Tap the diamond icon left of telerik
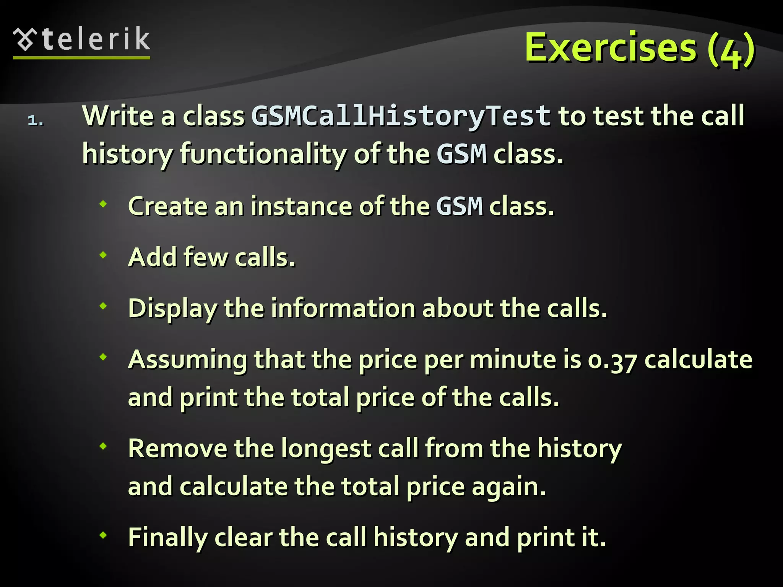tap(25, 39)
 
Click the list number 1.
tap(35, 121)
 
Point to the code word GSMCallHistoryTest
tap(401, 115)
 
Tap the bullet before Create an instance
tap(103, 204)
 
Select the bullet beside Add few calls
tap(103, 255)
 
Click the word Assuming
tap(188, 360)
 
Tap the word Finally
tap(167, 537)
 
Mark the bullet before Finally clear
tap(103, 535)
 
